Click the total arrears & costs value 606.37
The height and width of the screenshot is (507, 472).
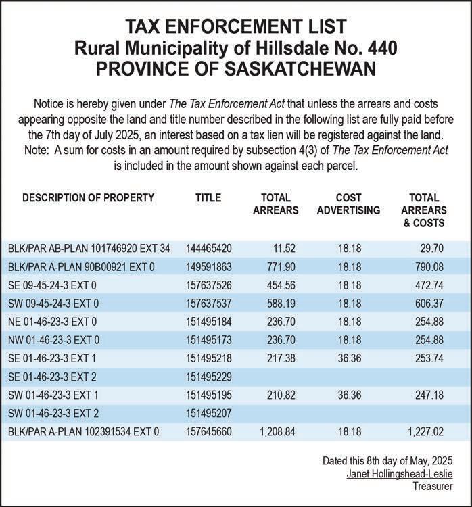coord(427,304)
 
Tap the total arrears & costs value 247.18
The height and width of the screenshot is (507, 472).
coord(427,395)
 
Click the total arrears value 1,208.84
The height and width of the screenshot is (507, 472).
coord(277,431)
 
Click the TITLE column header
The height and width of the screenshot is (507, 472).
coord(208,198)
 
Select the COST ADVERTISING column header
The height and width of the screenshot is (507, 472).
coord(348,204)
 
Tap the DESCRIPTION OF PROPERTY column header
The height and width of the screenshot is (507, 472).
coord(89,198)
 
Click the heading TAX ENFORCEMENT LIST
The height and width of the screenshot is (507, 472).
coord(236,28)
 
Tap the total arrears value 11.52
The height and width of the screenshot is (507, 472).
coord(287,249)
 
